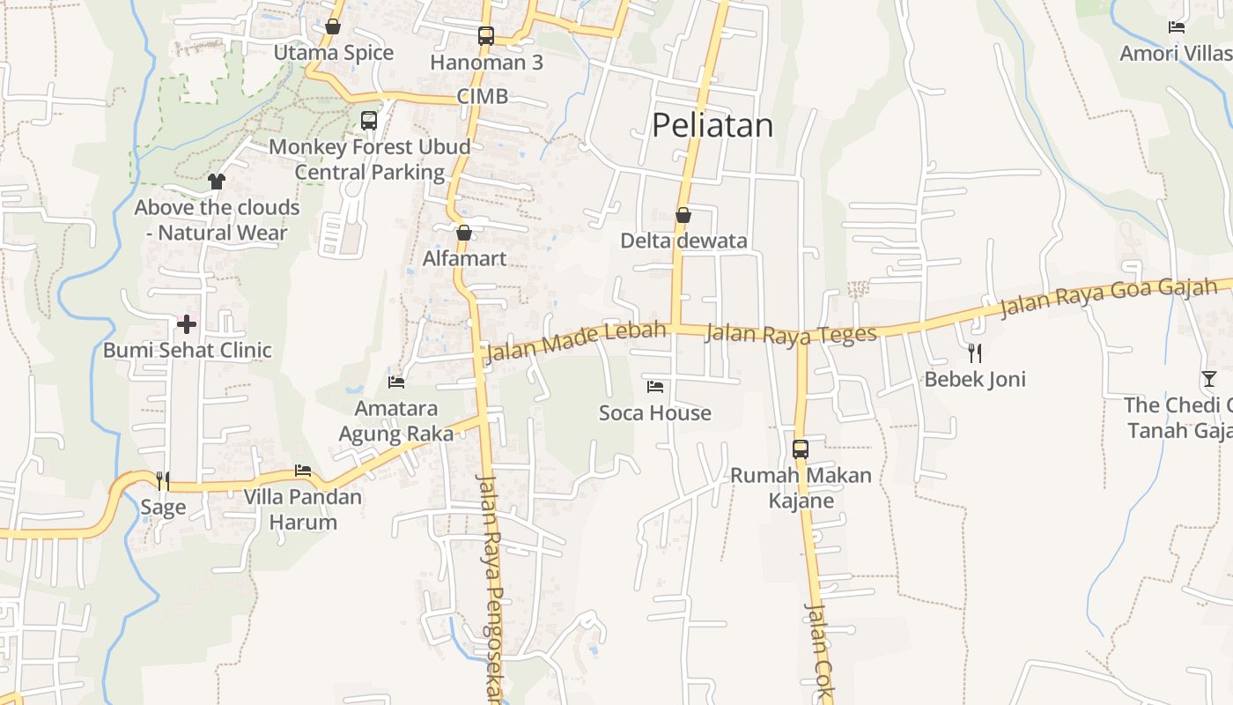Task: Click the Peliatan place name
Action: point(712,125)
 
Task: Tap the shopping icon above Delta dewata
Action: point(683,214)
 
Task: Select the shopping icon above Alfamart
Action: point(464,233)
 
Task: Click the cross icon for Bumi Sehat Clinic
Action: point(187,324)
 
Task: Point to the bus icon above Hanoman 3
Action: point(485,36)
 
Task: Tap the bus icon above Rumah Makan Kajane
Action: point(800,449)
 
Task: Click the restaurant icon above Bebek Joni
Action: point(974,353)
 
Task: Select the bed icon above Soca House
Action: point(654,386)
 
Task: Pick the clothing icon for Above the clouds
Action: point(217,182)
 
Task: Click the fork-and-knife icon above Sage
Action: point(163,480)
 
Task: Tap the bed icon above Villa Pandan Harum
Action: point(303,471)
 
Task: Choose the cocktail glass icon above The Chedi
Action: point(1208,379)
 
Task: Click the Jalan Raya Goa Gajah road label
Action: point(1108,297)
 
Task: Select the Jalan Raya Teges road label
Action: point(791,333)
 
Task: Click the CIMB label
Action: point(483,96)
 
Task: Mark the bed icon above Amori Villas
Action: point(1176,27)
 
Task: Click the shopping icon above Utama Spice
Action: point(333,27)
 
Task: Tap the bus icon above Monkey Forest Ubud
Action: point(369,121)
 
